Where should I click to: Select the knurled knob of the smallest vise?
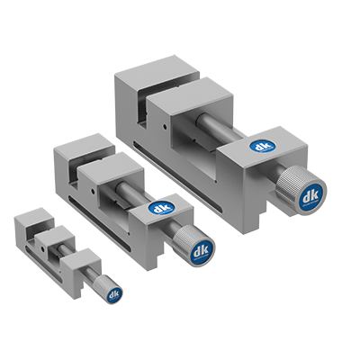click(110, 291)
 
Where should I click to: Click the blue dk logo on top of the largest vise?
click(263, 147)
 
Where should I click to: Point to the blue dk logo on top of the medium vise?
click(160, 208)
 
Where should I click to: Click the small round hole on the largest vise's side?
click(164, 127)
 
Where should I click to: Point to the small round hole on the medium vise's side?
click(94, 191)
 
